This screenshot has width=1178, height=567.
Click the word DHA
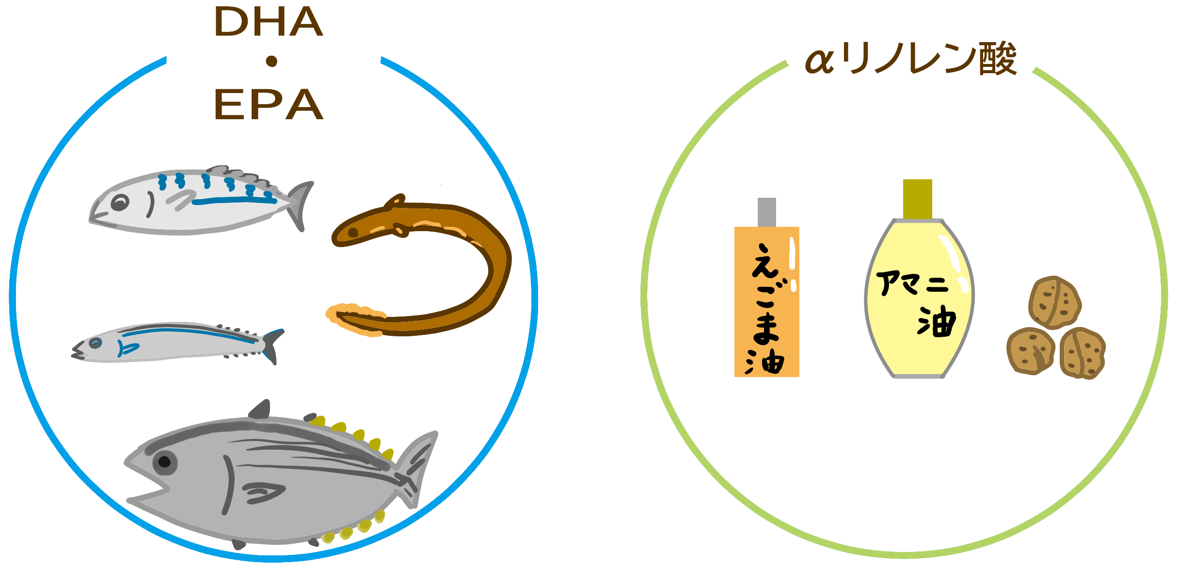(269, 22)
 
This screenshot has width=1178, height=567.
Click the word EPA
(269, 104)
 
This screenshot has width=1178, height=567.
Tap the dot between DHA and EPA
(271, 61)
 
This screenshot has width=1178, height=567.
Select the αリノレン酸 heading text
(910, 59)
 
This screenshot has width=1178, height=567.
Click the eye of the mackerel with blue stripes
(120, 203)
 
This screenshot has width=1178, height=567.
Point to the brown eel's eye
(353, 233)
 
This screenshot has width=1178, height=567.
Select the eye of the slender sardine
(96, 343)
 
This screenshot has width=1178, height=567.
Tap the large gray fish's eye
(165, 462)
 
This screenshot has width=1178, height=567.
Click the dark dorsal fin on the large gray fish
(260, 410)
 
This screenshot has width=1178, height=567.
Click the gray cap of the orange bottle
(767, 212)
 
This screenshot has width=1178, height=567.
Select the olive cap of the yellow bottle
(918, 199)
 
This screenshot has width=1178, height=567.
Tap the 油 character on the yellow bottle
(937, 321)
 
